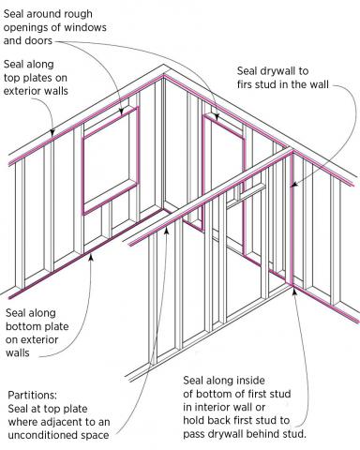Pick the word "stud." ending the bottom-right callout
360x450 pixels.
(x=337, y=435)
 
